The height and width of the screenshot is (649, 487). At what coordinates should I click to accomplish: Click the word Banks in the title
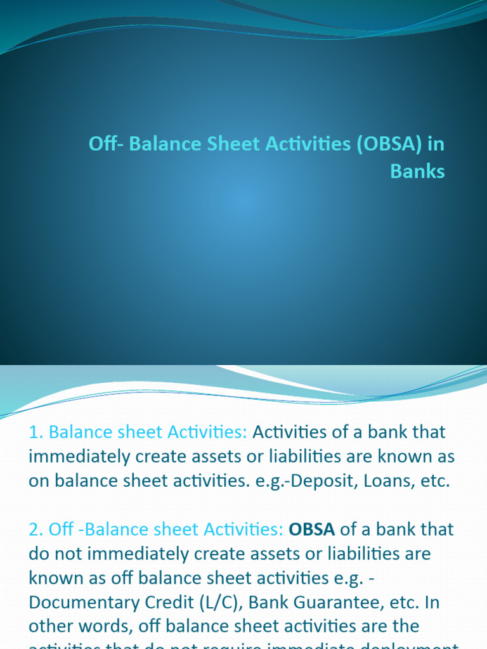pyautogui.click(x=417, y=171)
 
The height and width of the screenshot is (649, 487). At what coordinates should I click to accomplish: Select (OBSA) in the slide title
pyautogui.click(x=390, y=145)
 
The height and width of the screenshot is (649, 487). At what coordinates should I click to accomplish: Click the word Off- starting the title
pyautogui.click(x=105, y=145)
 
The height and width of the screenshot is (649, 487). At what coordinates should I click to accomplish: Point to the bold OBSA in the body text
pyautogui.click(x=312, y=529)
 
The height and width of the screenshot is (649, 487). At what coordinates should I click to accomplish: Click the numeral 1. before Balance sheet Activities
pyautogui.click(x=36, y=432)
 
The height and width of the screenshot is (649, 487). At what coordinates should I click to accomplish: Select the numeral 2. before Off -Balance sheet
pyautogui.click(x=37, y=529)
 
